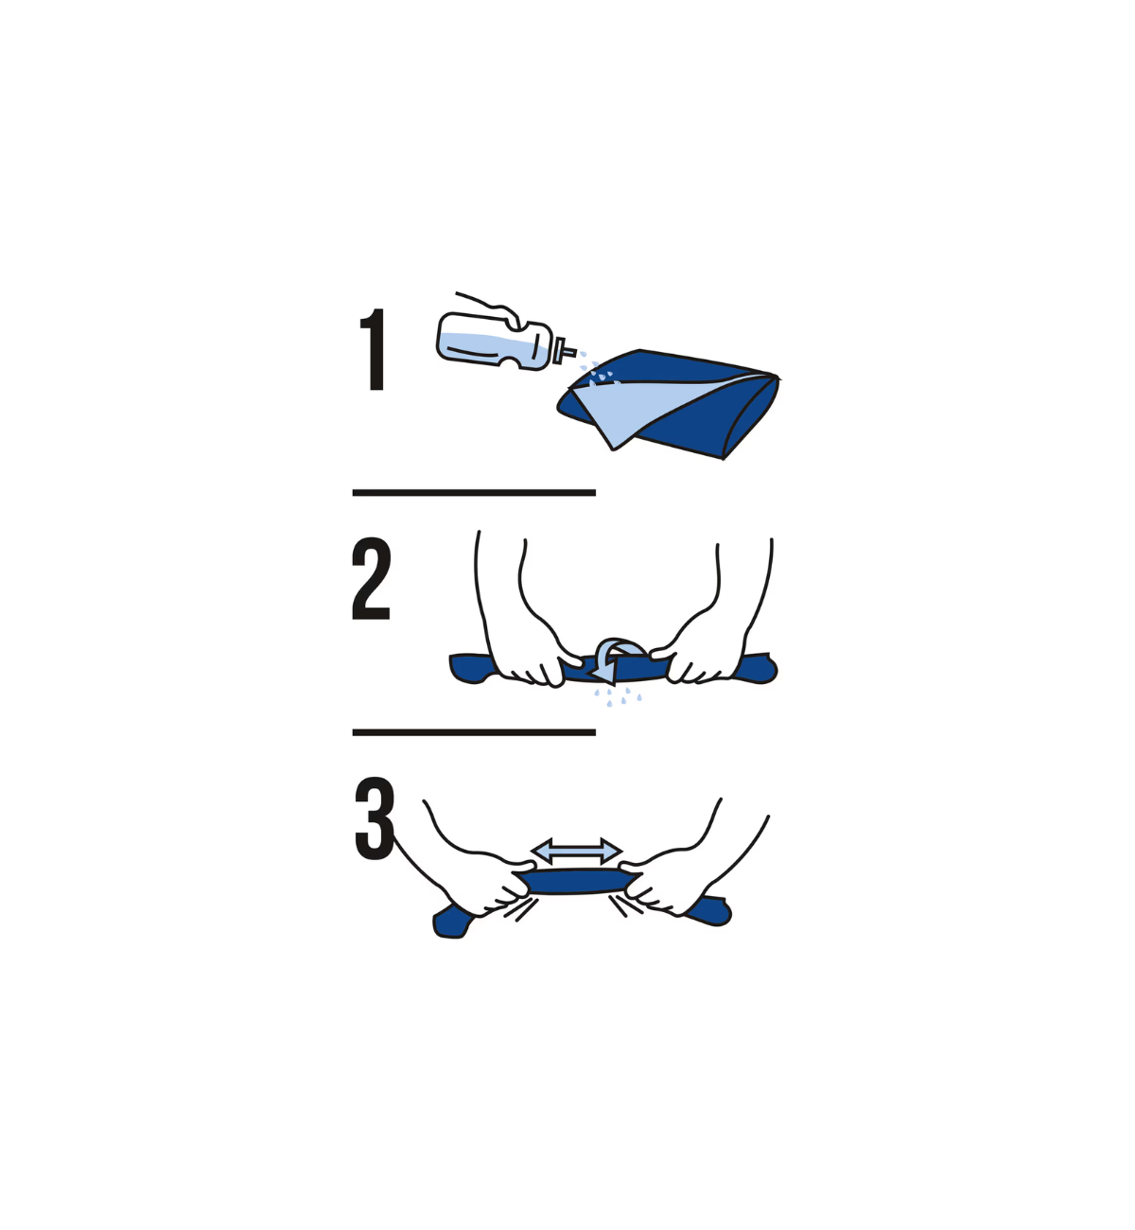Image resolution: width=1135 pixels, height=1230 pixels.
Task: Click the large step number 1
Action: (x=374, y=349)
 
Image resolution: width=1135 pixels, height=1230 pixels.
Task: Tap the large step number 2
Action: (x=371, y=578)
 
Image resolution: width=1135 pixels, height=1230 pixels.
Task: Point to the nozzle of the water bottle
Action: (x=565, y=351)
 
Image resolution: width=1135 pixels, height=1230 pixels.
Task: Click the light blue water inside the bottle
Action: (x=493, y=350)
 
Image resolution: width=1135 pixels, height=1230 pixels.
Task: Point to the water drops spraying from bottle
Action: (x=598, y=369)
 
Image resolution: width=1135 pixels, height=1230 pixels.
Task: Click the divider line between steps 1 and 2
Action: (x=474, y=493)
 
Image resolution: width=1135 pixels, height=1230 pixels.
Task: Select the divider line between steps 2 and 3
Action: (x=474, y=732)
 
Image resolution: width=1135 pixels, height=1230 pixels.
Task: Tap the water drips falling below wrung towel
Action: (x=617, y=696)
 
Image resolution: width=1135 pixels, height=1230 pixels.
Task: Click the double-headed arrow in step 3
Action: (x=576, y=851)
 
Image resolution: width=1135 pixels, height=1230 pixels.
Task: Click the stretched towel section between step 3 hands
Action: (x=577, y=881)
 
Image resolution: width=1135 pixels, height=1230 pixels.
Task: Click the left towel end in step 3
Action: (x=452, y=922)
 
